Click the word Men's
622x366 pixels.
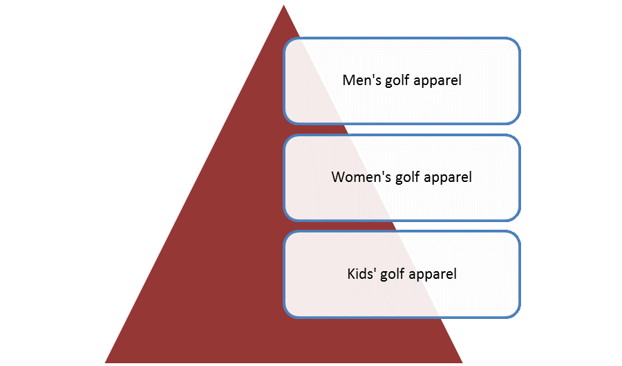[361, 80]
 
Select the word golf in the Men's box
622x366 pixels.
[397, 80]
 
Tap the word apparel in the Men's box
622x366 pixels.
[437, 81]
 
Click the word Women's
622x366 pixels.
[361, 177]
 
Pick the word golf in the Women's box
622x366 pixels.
[407, 177]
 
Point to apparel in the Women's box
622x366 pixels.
[448, 178]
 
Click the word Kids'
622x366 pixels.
[361, 274]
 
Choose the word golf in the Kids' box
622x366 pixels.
[393, 274]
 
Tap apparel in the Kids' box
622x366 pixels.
[433, 275]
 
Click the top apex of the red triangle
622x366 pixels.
[283, 5]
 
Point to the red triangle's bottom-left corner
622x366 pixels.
[105, 363]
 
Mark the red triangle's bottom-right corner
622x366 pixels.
[462, 363]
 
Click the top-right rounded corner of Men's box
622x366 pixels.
[515, 42]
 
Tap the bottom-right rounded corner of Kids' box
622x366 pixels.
[515, 313]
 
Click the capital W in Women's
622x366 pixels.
[339, 177]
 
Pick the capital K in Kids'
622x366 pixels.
[352, 274]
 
